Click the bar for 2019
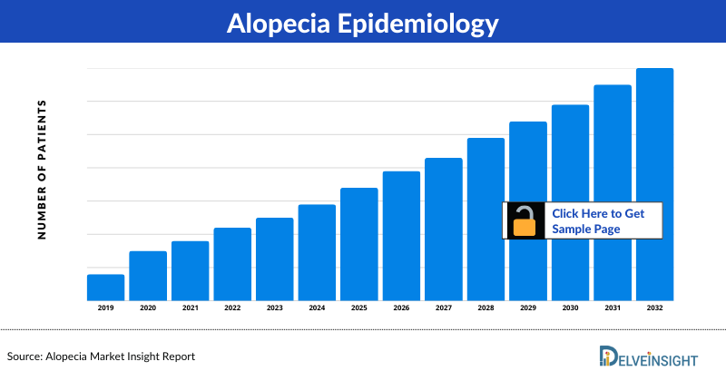click(x=105, y=287)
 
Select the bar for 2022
click(x=232, y=263)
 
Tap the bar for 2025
click(x=358, y=243)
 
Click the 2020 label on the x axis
click(x=148, y=308)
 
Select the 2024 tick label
click(x=317, y=308)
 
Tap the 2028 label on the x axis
click(x=486, y=308)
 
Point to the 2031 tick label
click(x=613, y=308)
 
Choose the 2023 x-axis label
click(x=274, y=308)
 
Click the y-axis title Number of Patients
click(x=42, y=171)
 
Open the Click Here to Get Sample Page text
click(x=598, y=220)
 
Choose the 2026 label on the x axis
click(x=401, y=308)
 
